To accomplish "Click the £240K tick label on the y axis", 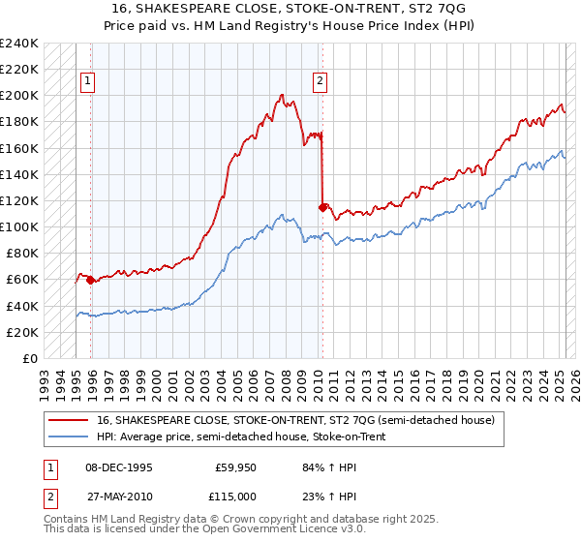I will pyautogui.click(x=19, y=44).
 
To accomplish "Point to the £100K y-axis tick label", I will pyautogui.click(x=19, y=226).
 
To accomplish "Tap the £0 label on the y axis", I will pyautogui.click(x=31, y=358).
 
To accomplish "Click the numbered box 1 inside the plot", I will pyautogui.click(x=88, y=82).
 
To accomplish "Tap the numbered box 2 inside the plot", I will pyautogui.click(x=319, y=82).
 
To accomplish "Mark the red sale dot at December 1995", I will pyautogui.click(x=91, y=280).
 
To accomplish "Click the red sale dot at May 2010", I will pyautogui.click(x=322, y=206).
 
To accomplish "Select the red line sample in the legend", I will pyautogui.click(x=70, y=420).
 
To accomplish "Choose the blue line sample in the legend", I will pyautogui.click(x=70, y=436).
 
